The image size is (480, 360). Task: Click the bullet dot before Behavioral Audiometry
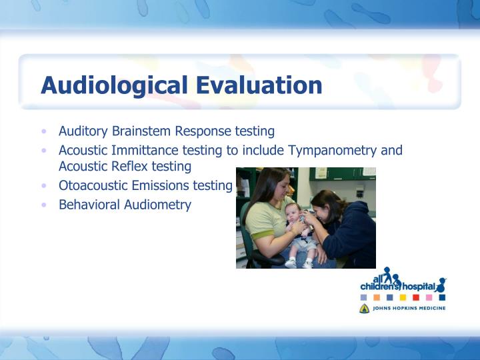(44, 205)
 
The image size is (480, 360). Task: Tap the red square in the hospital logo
(416, 297)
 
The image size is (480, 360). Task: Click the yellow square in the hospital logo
(377, 297)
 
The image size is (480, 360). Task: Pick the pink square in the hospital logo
(429, 297)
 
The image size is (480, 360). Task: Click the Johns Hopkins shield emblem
(364, 309)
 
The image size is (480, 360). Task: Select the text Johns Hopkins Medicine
(409, 309)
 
